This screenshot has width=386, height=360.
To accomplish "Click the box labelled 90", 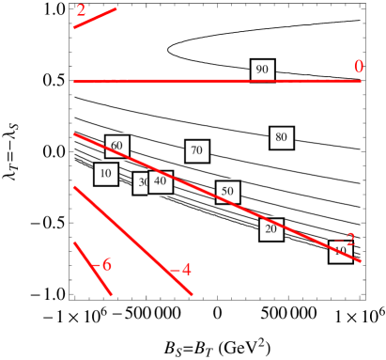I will coord(262,70).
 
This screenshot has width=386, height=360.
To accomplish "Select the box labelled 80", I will coord(281,137).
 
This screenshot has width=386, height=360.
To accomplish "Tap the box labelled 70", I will coord(196,150).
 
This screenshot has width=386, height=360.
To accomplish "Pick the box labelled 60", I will coord(116,146).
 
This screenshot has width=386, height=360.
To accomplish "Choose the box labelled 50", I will coord(226,192).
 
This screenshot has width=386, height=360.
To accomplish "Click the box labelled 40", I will coord(161,181).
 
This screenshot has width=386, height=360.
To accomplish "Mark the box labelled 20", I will coord(270,229).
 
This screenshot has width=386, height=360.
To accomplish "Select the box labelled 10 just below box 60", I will coord(105,174).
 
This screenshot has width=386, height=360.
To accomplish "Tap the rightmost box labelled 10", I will coord(338,251).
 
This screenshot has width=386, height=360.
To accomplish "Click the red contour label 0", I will coord(358,67).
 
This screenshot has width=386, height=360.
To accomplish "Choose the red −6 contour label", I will coord(104,265).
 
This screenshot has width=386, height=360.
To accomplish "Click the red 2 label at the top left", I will coord(81,10).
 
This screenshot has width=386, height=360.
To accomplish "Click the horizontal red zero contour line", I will coord(188,82).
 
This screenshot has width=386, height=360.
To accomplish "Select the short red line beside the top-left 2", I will coord(96,18).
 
